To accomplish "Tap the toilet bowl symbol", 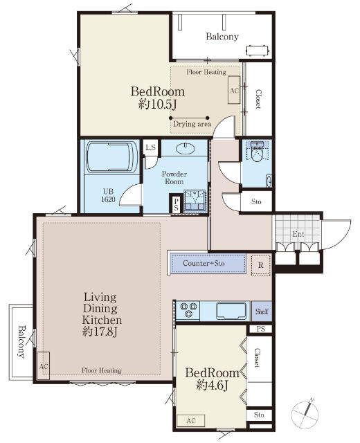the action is [x=257, y=152].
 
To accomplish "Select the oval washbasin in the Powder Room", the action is [x=186, y=147].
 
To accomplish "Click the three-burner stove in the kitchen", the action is [x=188, y=309].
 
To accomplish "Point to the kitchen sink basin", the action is [x=231, y=311].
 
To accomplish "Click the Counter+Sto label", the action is [x=204, y=263].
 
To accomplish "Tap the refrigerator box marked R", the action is [x=260, y=265].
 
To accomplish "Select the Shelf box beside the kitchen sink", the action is [x=262, y=311].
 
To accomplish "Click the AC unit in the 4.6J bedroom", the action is [x=191, y=420].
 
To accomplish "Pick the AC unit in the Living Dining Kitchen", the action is [x=44, y=366].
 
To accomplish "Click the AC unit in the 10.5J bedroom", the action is [x=234, y=90].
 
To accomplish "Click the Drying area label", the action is [x=192, y=124].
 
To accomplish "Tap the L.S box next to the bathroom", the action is [x=151, y=147].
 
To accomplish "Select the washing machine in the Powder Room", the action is [x=195, y=201].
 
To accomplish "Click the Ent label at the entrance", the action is [x=298, y=234].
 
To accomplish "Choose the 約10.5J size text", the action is [x=157, y=105].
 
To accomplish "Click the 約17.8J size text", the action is [x=100, y=332].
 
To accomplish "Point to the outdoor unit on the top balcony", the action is [x=257, y=51].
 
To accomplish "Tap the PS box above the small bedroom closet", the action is [x=260, y=329].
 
